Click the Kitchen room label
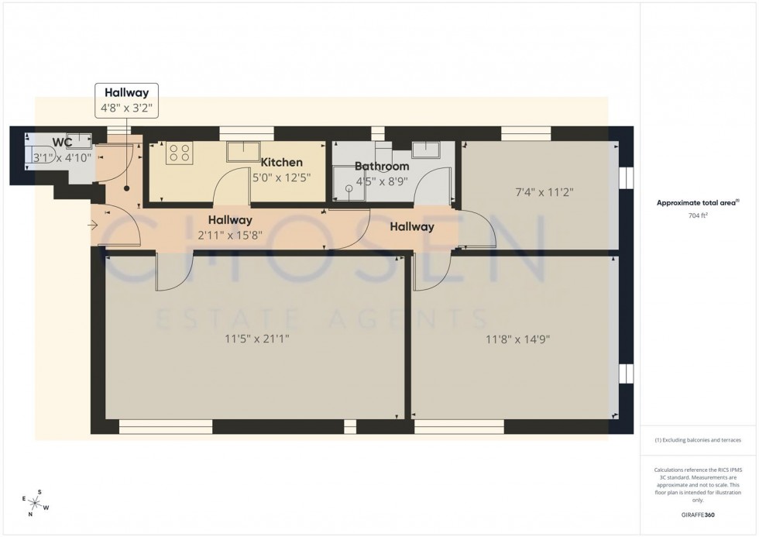click(x=281, y=163)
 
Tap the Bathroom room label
click(x=381, y=167)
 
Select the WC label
click(x=63, y=143)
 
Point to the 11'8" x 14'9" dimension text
click(x=517, y=339)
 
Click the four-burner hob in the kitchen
click(x=180, y=153)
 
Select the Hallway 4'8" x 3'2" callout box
click(x=127, y=100)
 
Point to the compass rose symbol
click(x=36, y=503)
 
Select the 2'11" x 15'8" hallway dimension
click(x=229, y=235)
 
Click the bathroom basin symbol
click(x=425, y=149)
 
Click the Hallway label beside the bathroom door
click(x=411, y=227)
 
